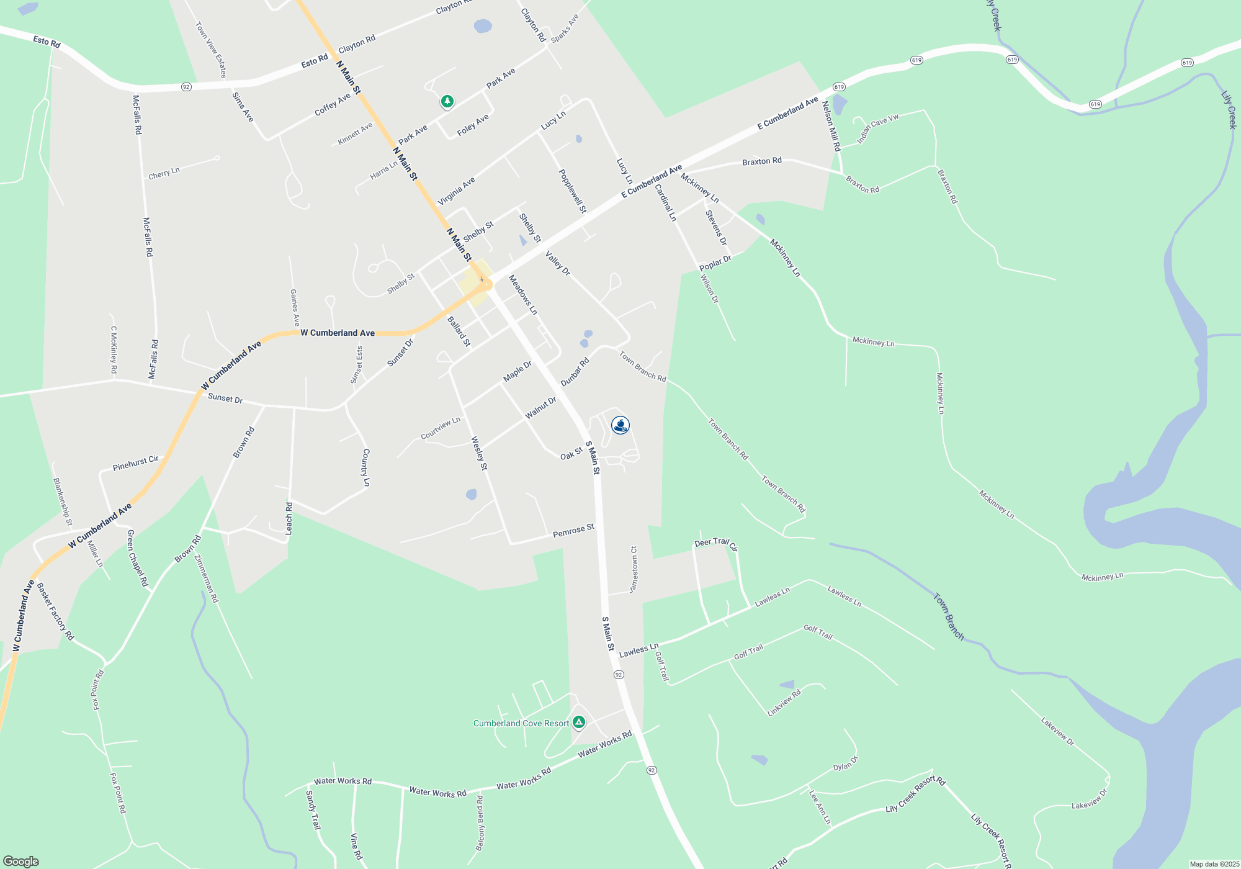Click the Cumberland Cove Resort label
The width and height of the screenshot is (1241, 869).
tap(521, 723)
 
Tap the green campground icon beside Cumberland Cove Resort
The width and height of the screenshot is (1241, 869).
tap(579, 722)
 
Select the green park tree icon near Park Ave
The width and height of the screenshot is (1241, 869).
tap(447, 101)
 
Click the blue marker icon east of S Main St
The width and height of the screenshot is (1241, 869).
tap(620, 425)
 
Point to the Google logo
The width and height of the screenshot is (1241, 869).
tap(20, 862)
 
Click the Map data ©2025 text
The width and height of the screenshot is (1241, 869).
tap(1214, 864)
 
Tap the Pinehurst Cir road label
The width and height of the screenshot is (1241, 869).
tap(135, 463)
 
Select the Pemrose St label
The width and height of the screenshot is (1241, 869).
tap(573, 530)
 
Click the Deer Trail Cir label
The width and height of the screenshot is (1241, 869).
tap(716, 544)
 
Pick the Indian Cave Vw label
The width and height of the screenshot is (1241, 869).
tap(877, 128)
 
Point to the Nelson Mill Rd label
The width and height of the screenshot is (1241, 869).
tap(831, 126)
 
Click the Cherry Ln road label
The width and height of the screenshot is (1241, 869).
tap(164, 173)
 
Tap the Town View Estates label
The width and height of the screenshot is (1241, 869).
tap(211, 50)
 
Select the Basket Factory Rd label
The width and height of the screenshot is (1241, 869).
tap(55, 611)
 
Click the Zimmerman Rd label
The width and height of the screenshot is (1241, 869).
tap(207, 579)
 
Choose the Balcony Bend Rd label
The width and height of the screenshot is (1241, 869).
tap(480, 823)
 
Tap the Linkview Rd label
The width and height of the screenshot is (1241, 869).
tap(784, 703)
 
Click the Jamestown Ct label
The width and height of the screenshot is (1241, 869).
tap(634, 569)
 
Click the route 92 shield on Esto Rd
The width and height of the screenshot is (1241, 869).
tap(186, 87)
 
